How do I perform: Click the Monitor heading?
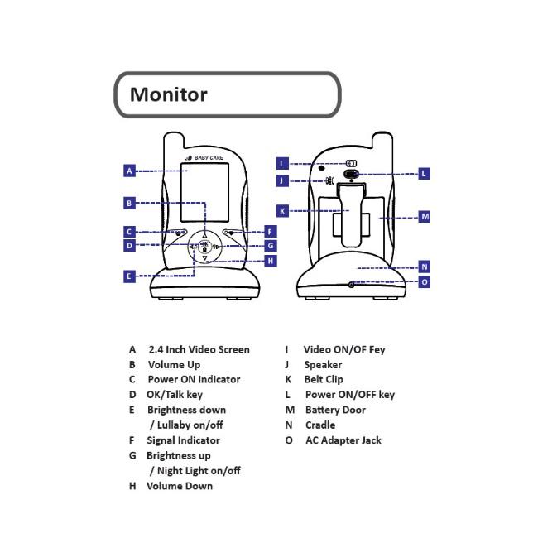pos(168,94)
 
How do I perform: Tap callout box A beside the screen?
pos(129,171)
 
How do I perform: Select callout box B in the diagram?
pos(129,203)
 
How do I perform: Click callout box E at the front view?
pos(129,276)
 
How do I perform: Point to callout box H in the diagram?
pos(271,261)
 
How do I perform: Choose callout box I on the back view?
pos(282,163)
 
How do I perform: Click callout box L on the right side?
pos(424,174)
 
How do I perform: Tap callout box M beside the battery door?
pos(425,217)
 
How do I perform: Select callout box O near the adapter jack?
pos(425,282)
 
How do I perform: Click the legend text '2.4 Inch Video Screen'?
pos(199,349)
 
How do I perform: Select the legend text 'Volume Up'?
pos(174,364)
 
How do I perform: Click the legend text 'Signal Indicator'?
pos(183,440)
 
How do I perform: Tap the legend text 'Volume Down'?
pos(180,486)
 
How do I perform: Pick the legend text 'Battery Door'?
pos(335,410)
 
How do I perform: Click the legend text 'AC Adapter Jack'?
pos(343,440)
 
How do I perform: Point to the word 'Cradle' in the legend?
pos(320,425)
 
